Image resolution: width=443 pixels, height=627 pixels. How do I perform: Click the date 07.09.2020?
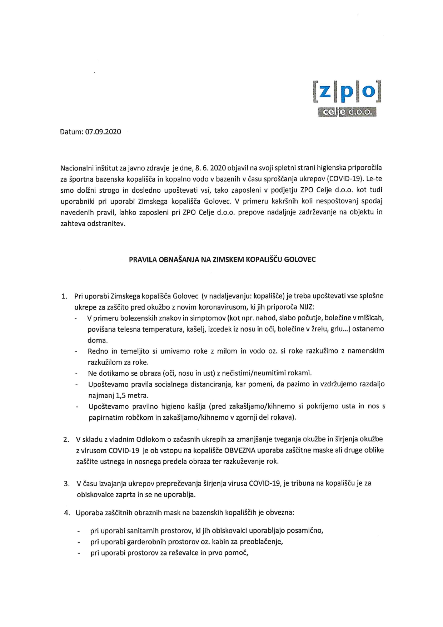point(103,132)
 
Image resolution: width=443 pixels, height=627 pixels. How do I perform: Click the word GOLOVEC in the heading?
point(299,260)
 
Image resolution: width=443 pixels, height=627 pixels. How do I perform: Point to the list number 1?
point(64,296)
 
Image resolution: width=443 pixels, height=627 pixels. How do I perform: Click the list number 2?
point(66,440)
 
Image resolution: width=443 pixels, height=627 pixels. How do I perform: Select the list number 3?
point(66,484)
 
